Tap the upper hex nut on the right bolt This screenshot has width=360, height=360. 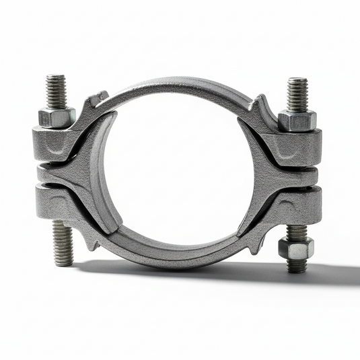point(297,120)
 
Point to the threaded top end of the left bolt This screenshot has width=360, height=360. point(57,90)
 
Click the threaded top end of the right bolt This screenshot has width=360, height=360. point(297,94)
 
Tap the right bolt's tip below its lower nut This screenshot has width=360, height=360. point(297,265)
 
